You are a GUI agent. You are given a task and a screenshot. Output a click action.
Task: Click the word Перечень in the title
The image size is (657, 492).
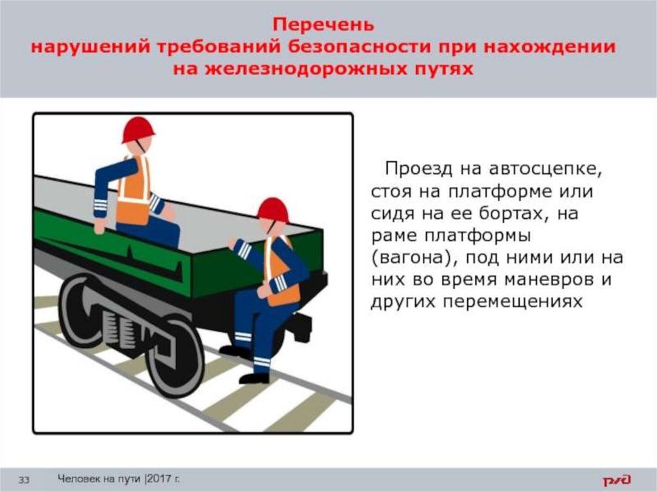tap(323, 24)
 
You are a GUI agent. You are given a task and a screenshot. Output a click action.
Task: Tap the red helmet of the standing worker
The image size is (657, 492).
tap(273, 209)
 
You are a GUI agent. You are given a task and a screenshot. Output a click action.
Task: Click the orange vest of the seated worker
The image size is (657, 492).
tap(134, 191)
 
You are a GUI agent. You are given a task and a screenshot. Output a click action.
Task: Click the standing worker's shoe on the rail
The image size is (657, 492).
tap(254, 378)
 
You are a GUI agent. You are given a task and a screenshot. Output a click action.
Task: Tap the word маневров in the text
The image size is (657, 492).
tap(549, 279)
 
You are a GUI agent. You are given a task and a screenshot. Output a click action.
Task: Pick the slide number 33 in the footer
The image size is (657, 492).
tap(24, 479)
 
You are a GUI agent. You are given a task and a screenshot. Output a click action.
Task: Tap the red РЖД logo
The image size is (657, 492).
tap(617, 479)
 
